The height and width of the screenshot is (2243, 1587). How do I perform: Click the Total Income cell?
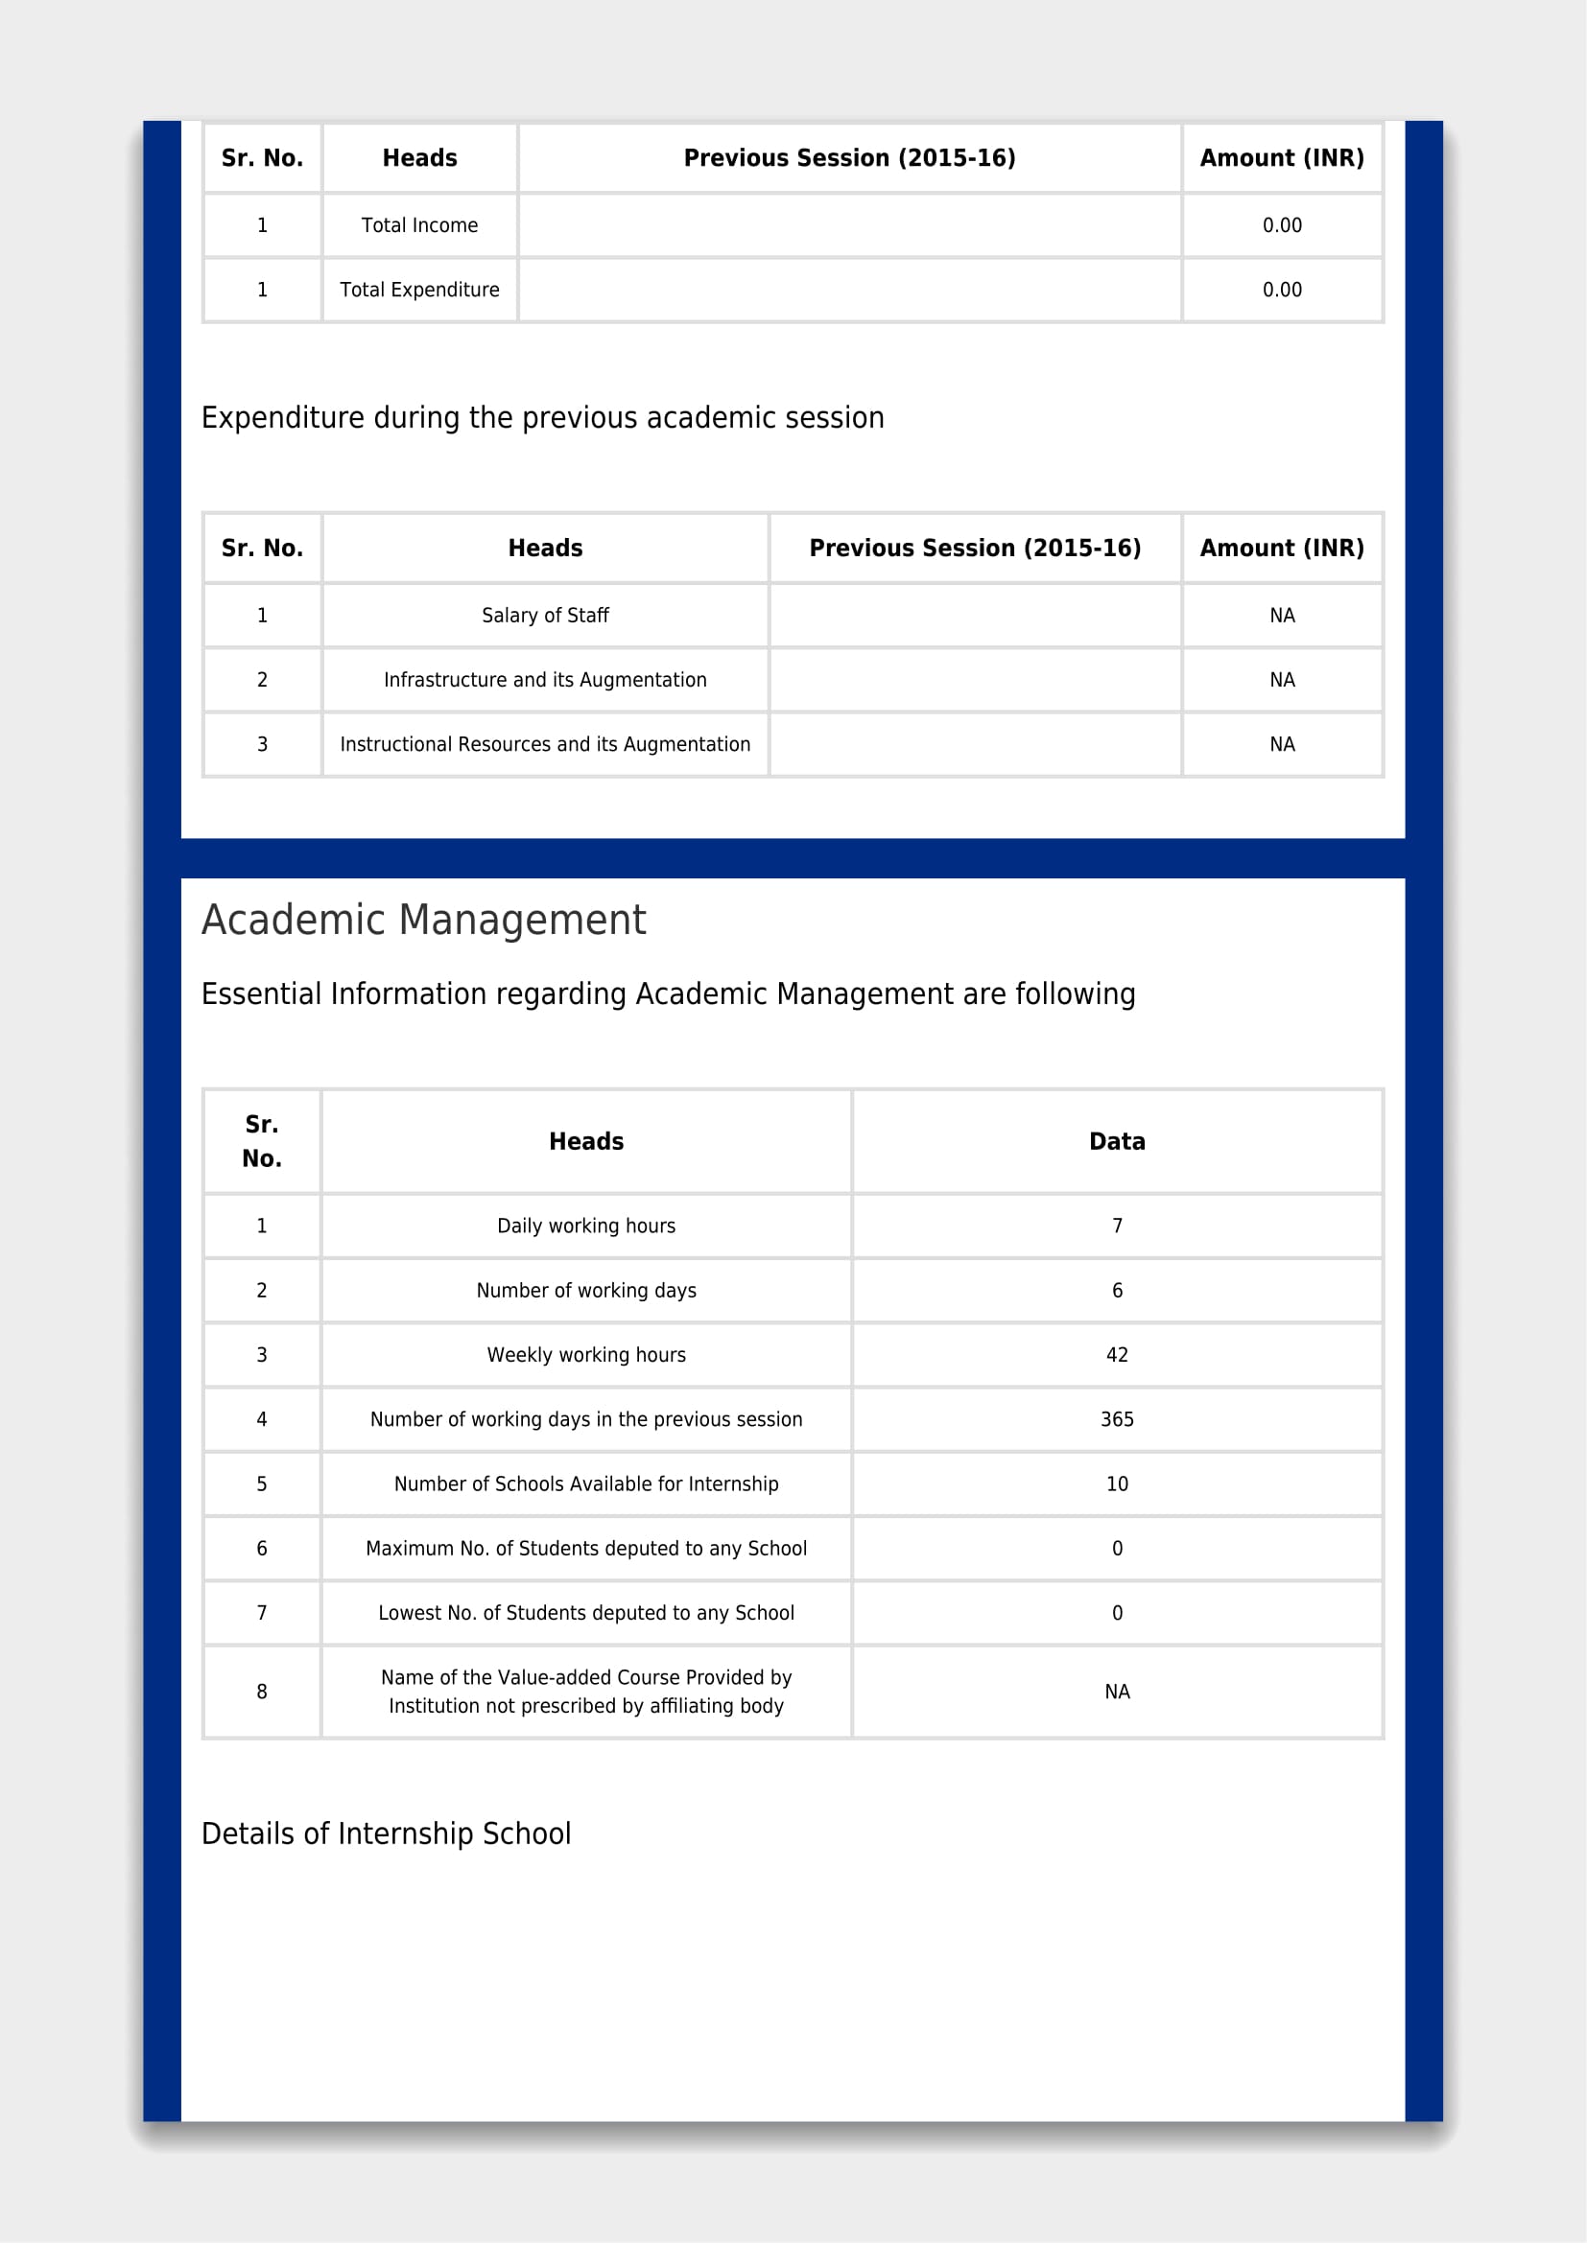[419, 225]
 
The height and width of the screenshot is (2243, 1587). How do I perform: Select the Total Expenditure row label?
[419, 291]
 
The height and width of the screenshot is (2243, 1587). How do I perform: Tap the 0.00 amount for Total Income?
[1281, 225]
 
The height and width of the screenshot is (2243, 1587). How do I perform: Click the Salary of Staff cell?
[545, 616]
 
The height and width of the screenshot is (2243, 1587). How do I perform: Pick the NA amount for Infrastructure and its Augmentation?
[1281, 680]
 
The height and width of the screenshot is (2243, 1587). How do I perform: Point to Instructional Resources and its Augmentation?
[545, 744]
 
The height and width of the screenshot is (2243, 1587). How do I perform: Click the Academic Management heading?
[424, 921]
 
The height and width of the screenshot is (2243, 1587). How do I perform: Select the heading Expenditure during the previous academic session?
[542, 418]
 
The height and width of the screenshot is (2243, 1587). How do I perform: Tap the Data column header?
[1117, 1141]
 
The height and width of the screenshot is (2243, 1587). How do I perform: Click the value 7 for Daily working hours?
[1117, 1227]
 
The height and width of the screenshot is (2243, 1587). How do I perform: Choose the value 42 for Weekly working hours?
[1117, 1355]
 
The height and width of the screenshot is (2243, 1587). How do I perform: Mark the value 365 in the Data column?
[1117, 1419]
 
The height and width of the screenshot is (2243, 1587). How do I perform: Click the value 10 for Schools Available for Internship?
[1117, 1484]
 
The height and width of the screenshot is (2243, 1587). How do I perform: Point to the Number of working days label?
[586, 1291]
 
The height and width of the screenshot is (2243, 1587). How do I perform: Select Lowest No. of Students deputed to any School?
[586, 1613]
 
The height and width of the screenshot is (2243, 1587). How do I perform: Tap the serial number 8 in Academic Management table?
[262, 1692]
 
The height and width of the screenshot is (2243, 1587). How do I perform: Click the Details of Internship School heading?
[386, 1834]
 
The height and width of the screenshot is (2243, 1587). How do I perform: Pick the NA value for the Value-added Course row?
[1117, 1692]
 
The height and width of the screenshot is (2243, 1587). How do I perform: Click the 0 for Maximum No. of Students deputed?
[1117, 1549]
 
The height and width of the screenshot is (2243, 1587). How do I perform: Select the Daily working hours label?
[586, 1227]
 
